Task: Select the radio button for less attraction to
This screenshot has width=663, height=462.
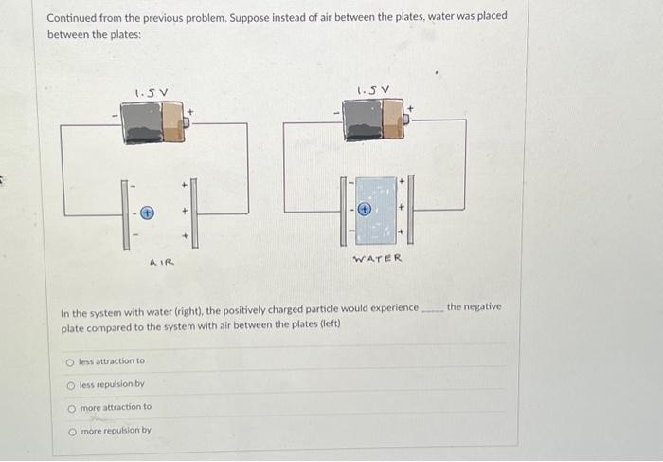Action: coord(70,361)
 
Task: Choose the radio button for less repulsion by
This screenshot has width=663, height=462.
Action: coord(70,384)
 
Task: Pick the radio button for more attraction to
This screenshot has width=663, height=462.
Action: coord(70,407)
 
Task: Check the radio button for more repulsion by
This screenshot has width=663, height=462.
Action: coord(70,430)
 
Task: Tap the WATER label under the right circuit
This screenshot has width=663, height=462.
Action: coord(377,259)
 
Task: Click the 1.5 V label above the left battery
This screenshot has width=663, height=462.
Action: coord(152,92)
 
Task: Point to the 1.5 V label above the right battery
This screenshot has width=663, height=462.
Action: coord(372,91)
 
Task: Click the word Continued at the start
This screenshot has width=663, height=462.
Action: coord(73,17)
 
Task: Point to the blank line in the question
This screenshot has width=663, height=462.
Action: coord(431,309)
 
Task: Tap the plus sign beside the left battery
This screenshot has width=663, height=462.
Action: coord(190,111)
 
